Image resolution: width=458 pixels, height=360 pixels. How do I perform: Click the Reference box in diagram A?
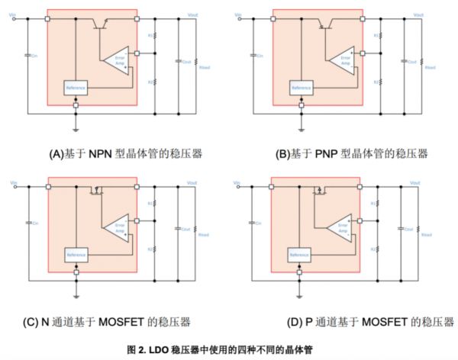76,88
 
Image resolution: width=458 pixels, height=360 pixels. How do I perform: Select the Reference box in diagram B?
300,88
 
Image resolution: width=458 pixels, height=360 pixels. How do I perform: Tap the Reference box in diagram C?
76,254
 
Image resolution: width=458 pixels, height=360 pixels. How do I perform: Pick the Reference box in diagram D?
300,254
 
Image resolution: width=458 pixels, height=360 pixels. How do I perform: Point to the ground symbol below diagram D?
300,294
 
